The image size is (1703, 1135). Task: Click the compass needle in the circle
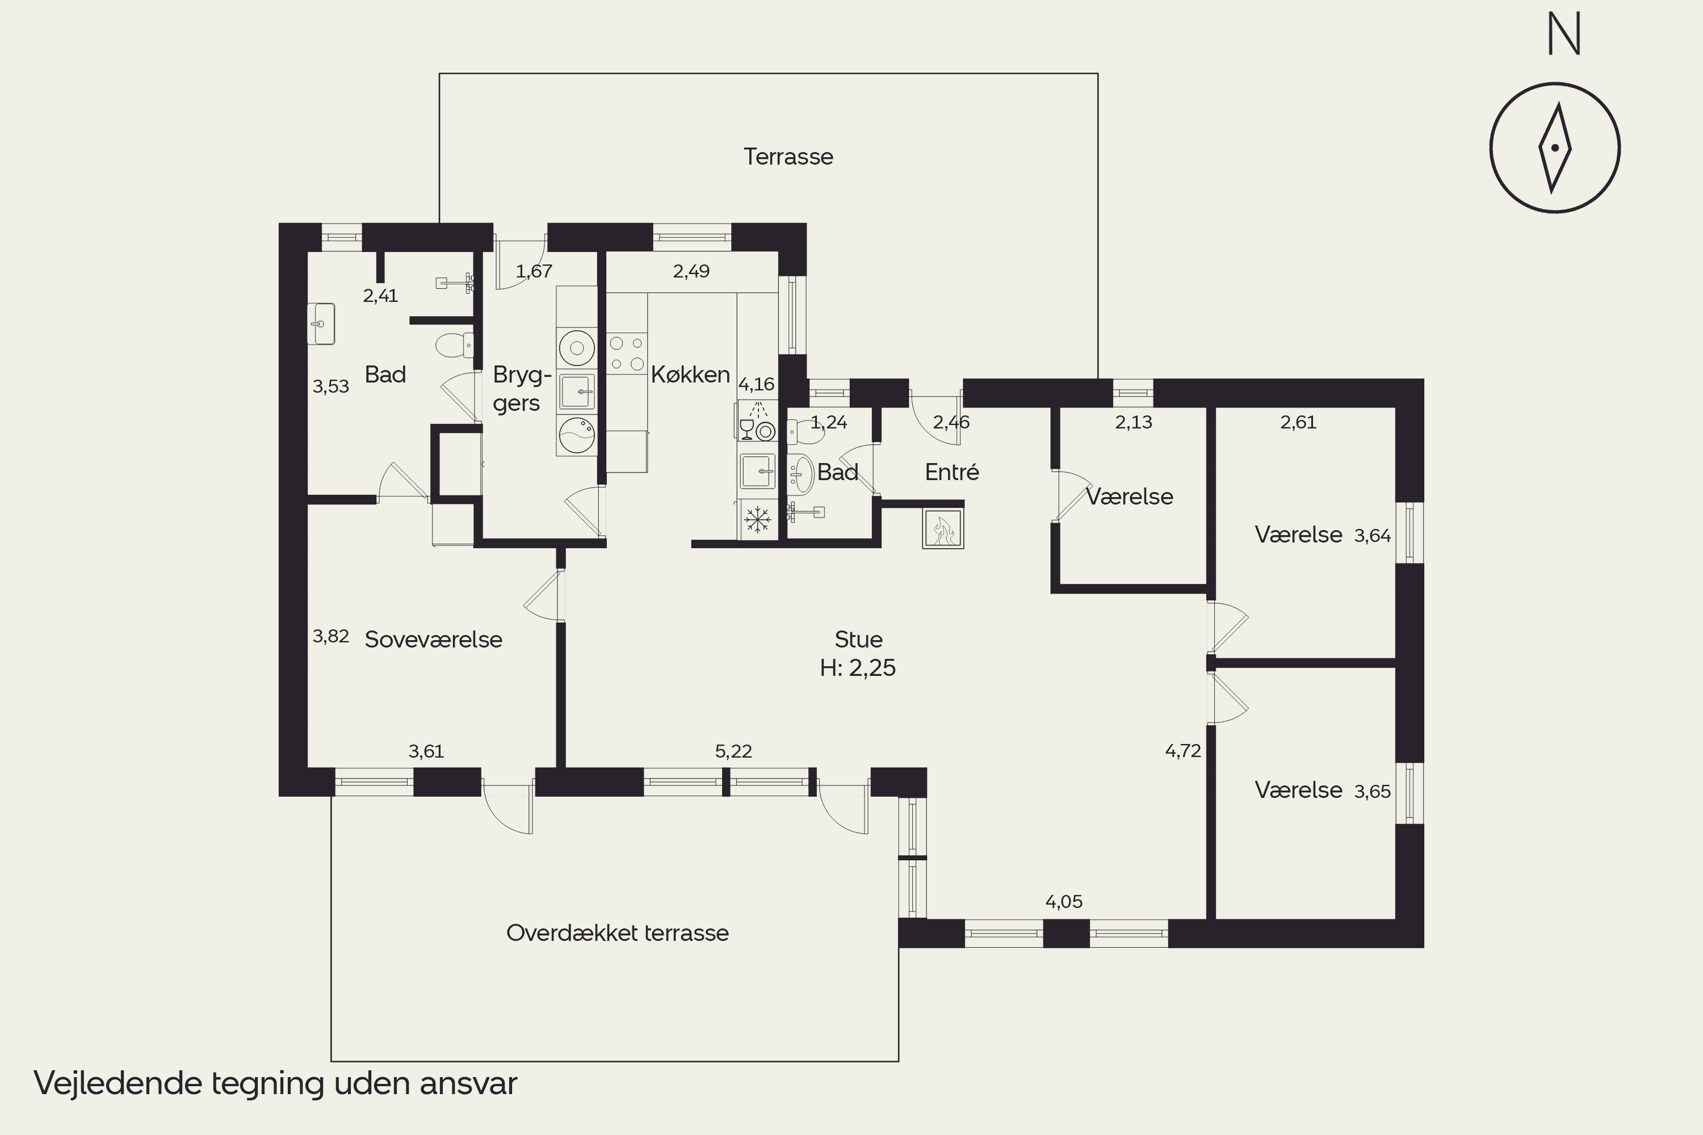click(x=1555, y=148)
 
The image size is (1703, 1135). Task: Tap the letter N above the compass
click(x=1564, y=35)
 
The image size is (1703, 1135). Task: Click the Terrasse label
click(x=788, y=157)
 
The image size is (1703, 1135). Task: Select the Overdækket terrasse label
click(x=617, y=932)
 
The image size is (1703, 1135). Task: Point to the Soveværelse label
click(x=433, y=639)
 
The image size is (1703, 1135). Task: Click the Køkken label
click(x=690, y=374)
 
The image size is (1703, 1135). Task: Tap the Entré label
click(x=951, y=472)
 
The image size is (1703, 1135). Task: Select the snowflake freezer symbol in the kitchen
click(x=757, y=520)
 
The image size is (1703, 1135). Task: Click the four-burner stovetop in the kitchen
click(x=626, y=353)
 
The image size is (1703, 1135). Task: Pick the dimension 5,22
click(x=733, y=751)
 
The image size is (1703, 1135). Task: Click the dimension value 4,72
click(x=1183, y=751)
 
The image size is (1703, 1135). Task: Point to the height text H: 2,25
click(x=858, y=667)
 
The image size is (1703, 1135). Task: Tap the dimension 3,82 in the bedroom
click(x=331, y=636)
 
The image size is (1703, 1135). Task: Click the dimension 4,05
click(x=1064, y=902)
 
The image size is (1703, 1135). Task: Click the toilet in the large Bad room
click(x=454, y=344)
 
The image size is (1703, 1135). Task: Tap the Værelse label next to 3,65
click(x=1298, y=790)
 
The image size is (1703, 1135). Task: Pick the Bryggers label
click(x=521, y=389)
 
